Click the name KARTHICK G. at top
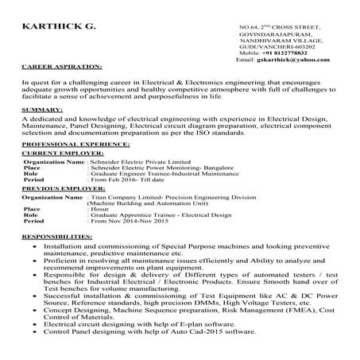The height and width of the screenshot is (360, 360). [60, 28]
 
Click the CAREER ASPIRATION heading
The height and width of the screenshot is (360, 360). [61, 68]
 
